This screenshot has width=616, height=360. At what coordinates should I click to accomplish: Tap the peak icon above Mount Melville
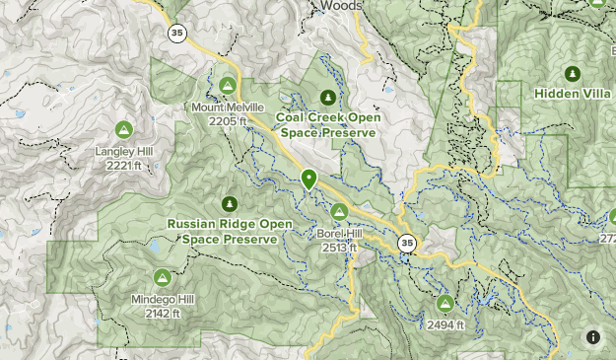(x=229, y=85)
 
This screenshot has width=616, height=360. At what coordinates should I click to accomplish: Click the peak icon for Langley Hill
(x=124, y=129)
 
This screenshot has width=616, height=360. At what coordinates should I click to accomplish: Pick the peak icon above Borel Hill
(x=340, y=211)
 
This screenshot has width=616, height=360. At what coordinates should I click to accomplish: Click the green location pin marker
(x=308, y=179)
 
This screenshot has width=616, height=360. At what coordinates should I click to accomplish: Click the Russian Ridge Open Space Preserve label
(x=230, y=231)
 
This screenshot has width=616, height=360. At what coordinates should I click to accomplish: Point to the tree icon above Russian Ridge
(x=230, y=204)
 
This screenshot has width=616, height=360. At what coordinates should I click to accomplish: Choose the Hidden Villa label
(x=573, y=94)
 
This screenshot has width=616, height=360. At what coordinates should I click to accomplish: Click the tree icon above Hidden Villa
(x=572, y=73)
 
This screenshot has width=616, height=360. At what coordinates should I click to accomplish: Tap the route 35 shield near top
(x=176, y=34)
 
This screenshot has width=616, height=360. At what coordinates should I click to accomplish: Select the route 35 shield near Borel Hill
(x=406, y=243)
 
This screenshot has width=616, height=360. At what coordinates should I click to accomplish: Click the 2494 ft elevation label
(x=444, y=324)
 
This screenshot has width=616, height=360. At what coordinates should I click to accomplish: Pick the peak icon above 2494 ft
(x=445, y=303)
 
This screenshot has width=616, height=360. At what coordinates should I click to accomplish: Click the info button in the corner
(x=592, y=337)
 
